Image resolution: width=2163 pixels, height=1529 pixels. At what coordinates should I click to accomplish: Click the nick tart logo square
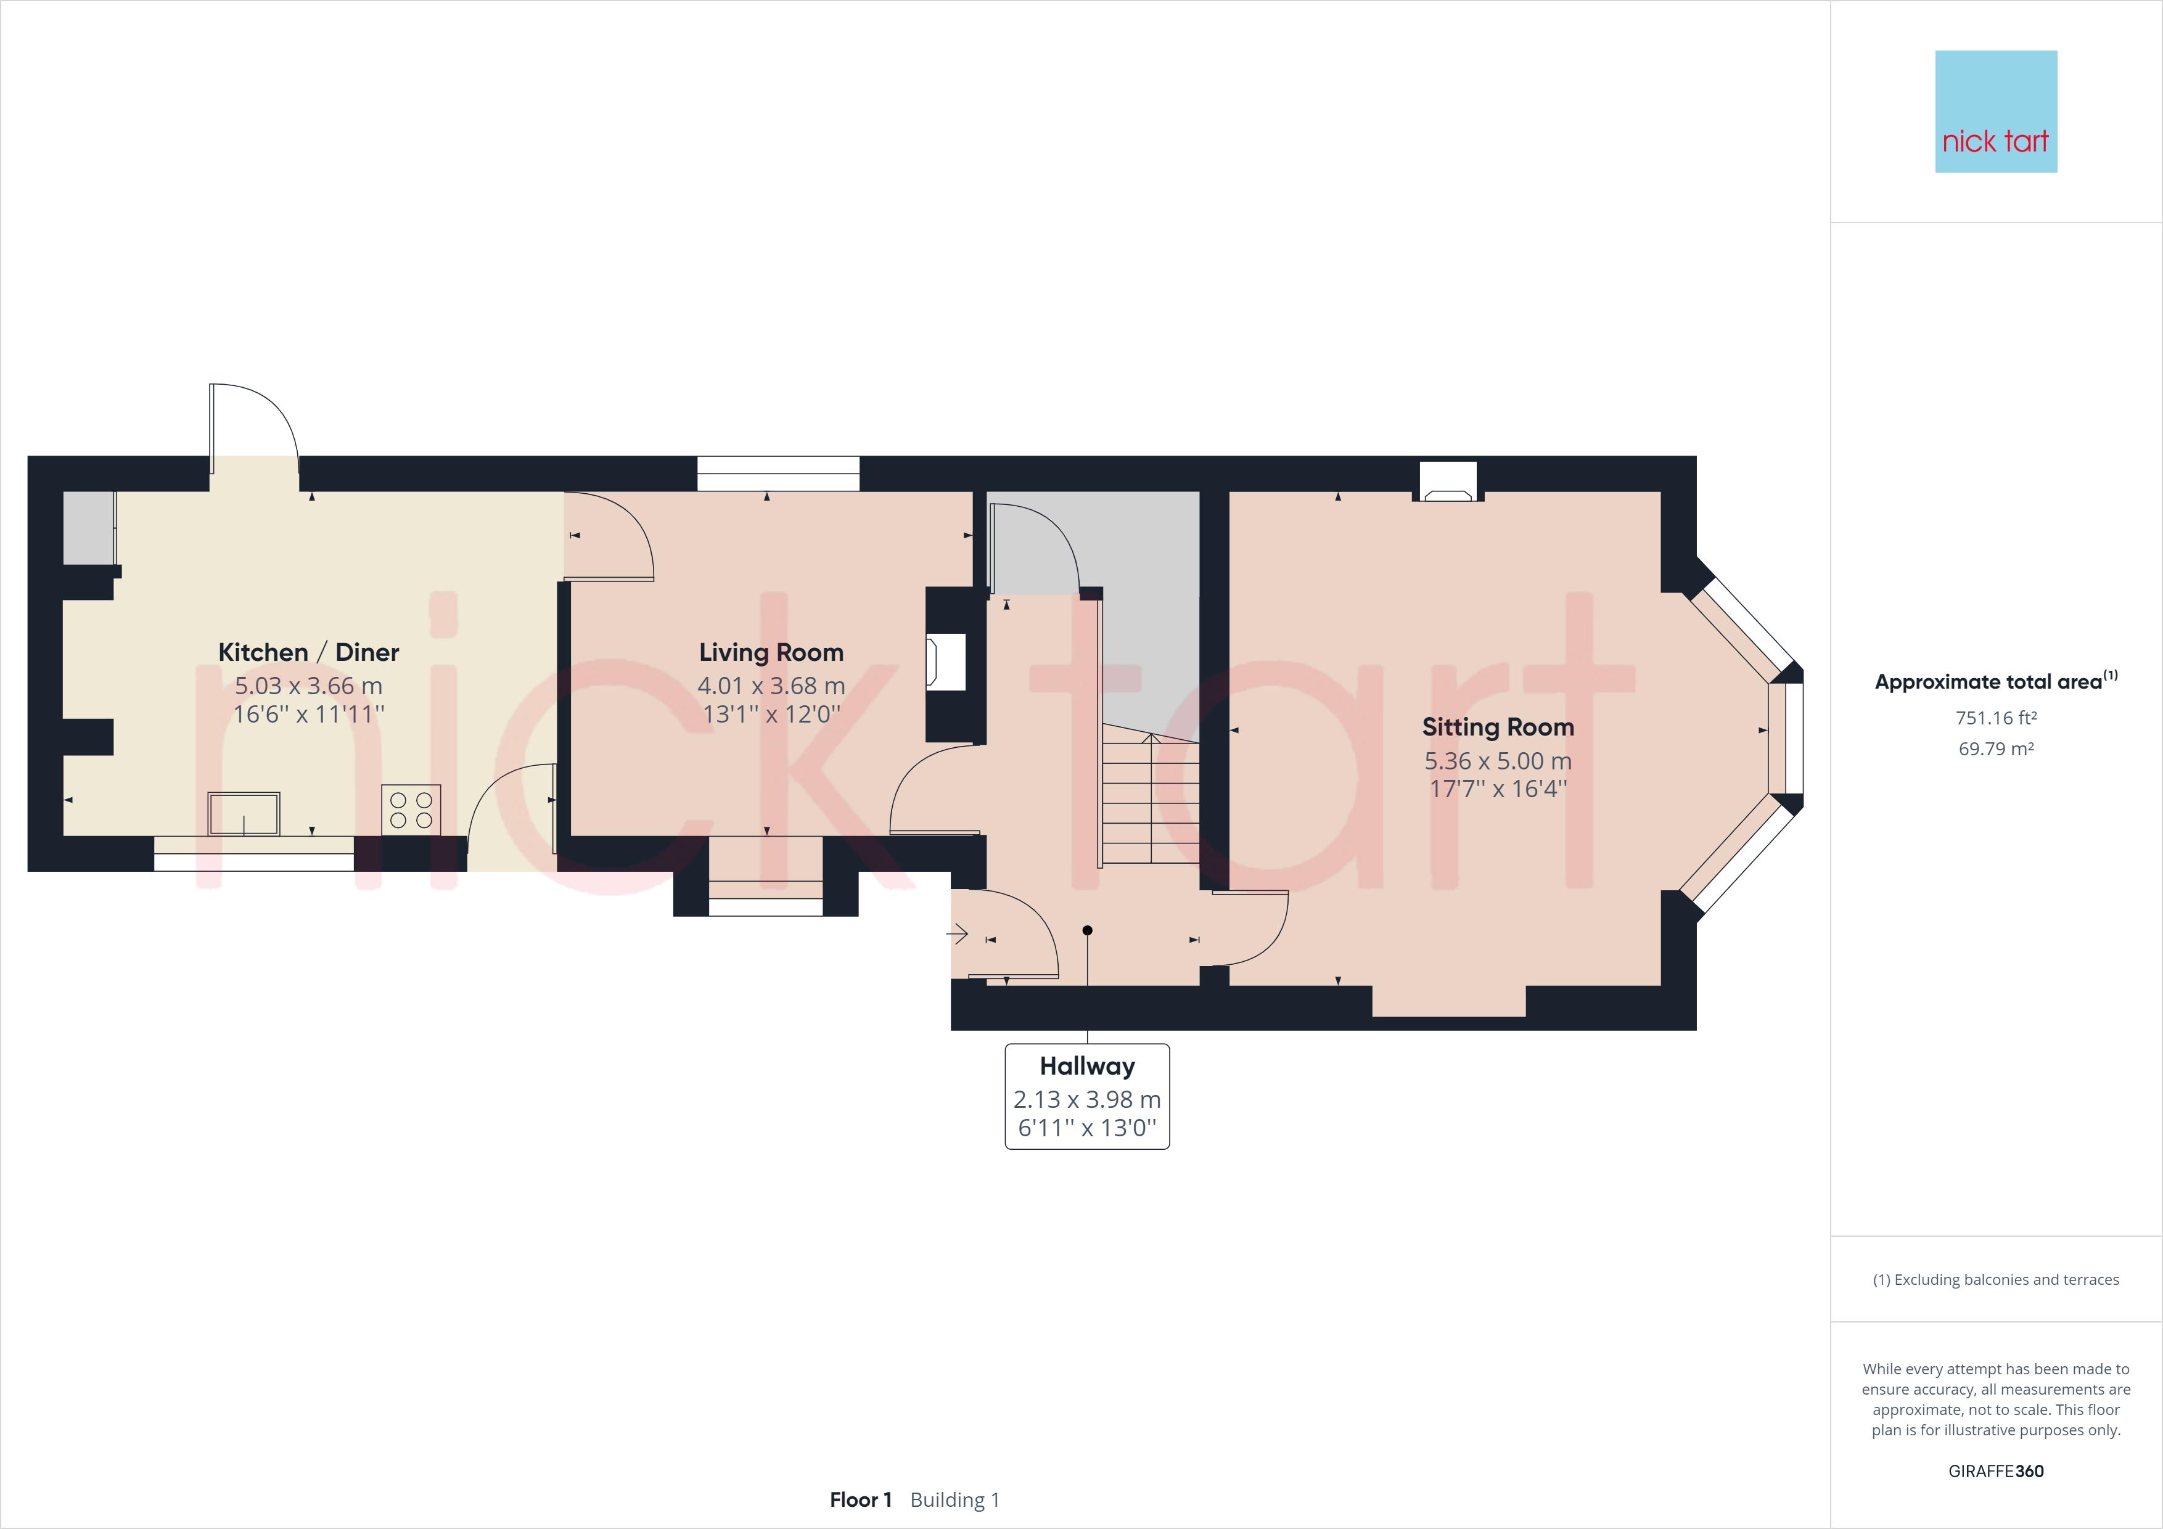point(1995,111)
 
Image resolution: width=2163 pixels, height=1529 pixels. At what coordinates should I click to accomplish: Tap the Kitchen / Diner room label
point(308,652)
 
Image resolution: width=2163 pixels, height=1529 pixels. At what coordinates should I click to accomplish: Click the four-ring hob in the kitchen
point(411,810)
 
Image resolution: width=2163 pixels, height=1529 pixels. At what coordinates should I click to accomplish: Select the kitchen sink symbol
point(244,813)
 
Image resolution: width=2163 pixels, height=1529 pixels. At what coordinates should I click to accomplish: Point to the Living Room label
point(771,652)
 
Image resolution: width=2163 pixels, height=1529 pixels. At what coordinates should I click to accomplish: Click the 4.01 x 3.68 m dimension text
point(771,686)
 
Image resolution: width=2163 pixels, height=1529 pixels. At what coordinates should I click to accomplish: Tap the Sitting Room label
point(1497,726)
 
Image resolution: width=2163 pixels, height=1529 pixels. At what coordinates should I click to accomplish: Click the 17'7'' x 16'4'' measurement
point(1498,789)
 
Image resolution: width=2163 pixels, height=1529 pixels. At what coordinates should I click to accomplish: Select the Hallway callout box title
point(1087,1065)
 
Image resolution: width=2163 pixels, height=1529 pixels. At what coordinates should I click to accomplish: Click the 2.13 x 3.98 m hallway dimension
point(1087,1099)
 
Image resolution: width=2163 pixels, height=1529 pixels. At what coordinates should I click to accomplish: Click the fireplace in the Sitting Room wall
point(1448,480)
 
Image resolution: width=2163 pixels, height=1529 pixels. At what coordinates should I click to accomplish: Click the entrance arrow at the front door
point(958,935)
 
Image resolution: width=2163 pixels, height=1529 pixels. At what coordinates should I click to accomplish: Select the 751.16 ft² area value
point(1995,718)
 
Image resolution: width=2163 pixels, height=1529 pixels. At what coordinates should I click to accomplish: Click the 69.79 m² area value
point(1995,749)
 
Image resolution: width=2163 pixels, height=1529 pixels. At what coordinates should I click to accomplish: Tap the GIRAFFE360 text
point(1995,1470)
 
